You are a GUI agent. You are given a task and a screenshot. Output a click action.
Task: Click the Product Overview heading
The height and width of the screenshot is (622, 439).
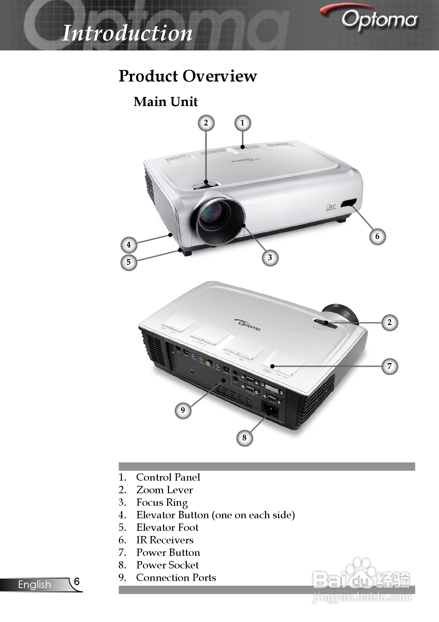click(188, 76)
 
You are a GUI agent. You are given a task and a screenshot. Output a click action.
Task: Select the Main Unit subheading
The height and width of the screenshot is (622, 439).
click(166, 102)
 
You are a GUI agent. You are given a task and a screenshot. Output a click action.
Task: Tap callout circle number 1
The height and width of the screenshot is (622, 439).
click(243, 123)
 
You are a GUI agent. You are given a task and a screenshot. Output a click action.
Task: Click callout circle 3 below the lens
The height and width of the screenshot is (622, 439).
click(270, 258)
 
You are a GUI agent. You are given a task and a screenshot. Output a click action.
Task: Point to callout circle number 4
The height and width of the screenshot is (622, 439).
click(129, 245)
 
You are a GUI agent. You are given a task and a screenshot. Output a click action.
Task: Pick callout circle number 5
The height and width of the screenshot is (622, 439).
click(129, 262)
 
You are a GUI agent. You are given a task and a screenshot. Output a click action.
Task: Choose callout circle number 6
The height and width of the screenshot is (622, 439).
click(378, 236)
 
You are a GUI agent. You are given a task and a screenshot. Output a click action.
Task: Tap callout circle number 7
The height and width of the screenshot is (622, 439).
click(390, 366)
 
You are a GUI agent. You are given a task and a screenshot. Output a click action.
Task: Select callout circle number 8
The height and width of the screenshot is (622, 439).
click(244, 438)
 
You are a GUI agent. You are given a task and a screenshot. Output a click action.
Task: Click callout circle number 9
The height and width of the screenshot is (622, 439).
click(183, 410)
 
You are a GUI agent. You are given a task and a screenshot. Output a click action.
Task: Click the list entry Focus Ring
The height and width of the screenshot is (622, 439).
click(162, 503)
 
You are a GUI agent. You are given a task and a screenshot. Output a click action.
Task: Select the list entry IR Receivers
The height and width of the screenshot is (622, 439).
click(165, 540)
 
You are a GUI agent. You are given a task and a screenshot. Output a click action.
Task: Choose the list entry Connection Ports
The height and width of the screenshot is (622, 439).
click(176, 577)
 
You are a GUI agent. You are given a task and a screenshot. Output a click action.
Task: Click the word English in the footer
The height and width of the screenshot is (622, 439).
click(35, 584)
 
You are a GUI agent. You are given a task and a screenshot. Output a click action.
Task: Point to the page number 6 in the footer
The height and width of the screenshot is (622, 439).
click(77, 581)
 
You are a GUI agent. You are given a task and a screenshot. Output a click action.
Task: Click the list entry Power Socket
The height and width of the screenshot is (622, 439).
click(167, 565)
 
